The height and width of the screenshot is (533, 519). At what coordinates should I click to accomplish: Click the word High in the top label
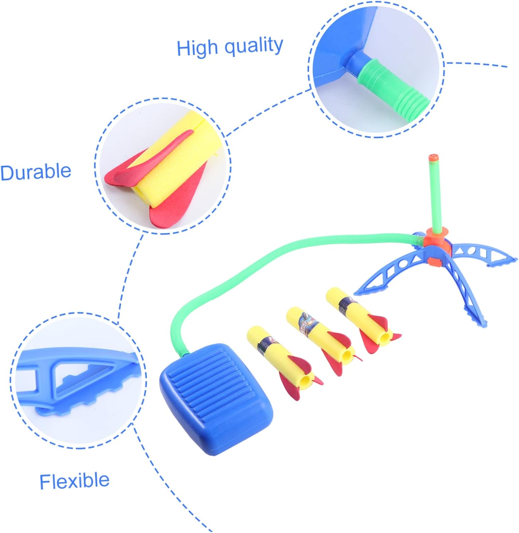click(197, 48)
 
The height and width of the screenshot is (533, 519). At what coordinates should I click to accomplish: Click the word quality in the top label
click(254, 47)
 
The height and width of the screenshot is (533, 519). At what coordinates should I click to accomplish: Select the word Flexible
click(74, 481)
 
